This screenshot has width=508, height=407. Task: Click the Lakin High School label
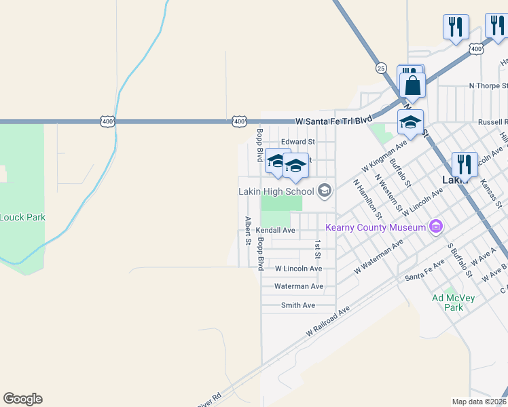coord(276,191)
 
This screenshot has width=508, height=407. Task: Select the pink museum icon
coord(436,227)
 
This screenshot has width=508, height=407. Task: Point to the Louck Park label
coord(22,218)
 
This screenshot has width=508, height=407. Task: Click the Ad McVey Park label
coord(448,303)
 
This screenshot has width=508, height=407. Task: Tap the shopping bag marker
coord(412,85)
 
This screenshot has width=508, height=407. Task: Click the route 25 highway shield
coord(380,68)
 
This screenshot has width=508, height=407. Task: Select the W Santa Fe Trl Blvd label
coord(334,120)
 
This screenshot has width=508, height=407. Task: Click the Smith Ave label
coord(298,305)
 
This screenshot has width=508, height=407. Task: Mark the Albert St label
coord(249,231)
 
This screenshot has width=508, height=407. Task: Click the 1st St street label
coord(317,249)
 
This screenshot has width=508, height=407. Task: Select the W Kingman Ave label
coord(384,157)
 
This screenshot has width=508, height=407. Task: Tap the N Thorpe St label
coord(488,86)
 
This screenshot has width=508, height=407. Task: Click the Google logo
coord(22,399)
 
